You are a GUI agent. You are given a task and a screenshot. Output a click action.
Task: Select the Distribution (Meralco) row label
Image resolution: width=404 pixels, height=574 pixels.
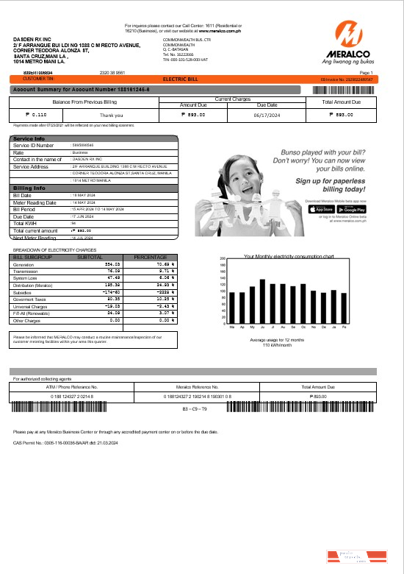pyautogui.click(x=33, y=283)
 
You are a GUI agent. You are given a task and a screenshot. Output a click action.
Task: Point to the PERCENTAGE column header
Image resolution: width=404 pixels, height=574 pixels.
pyautogui.click(x=150, y=257)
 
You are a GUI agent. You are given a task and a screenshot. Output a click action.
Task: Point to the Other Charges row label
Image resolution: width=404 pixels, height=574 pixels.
pyautogui.click(x=29, y=321)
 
